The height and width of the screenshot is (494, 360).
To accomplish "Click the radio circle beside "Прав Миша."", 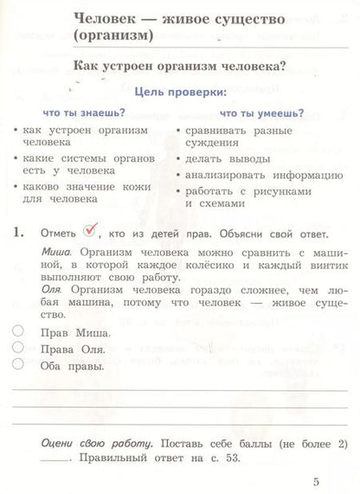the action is tap(19, 330).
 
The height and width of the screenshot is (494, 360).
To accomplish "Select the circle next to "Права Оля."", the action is tap(19, 347).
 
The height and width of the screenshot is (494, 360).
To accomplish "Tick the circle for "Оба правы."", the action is tap(19, 364).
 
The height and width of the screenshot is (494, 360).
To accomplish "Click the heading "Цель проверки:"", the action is tap(177, 92).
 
